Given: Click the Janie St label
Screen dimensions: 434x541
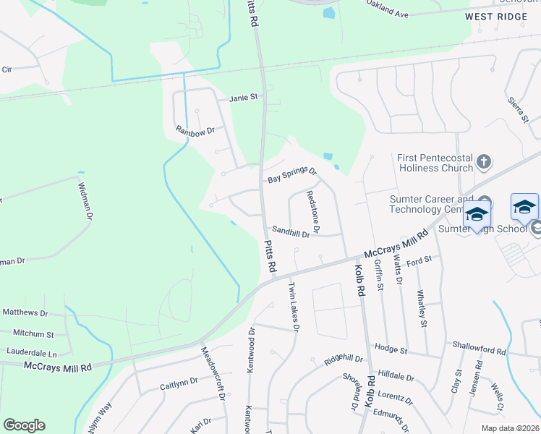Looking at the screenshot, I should pos(244,98).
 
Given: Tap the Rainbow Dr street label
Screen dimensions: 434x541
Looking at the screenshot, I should pos(195,131).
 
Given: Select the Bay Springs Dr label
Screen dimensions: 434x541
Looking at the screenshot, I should pos(292,174).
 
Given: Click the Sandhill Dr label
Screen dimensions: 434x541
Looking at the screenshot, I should pos(291,233).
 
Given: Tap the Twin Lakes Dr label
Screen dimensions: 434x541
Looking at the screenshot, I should pos(294,307).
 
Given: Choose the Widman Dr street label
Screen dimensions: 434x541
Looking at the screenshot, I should pos(84,200).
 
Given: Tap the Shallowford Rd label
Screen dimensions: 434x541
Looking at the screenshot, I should pos(478,350).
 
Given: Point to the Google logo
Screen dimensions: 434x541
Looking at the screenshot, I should pos(24,425).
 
